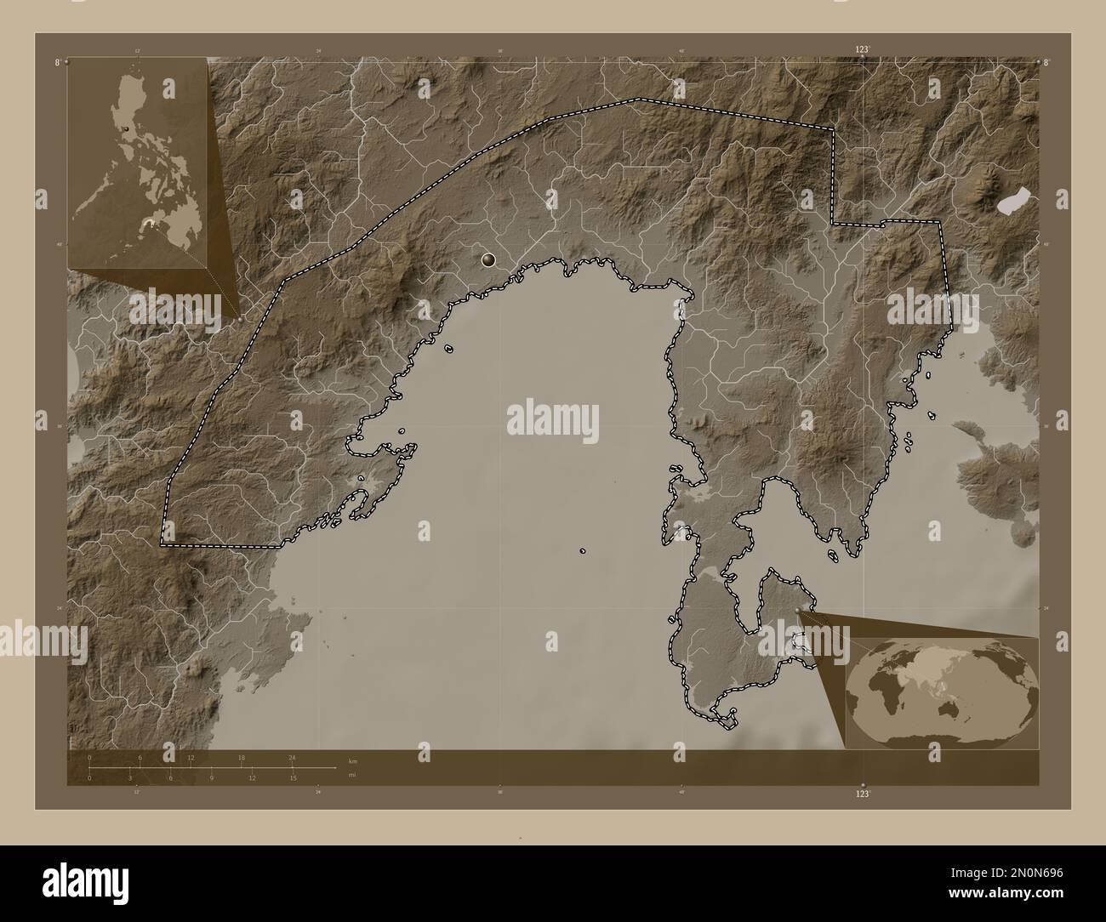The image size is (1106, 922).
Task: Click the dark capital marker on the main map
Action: point(488,260)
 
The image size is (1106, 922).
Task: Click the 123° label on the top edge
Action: point(863,51)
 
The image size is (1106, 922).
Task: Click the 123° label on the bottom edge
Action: point(863,793)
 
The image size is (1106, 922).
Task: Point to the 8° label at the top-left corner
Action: point(58,62)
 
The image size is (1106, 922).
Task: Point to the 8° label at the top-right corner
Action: point(1046,62)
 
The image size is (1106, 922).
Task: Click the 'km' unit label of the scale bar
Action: point(352,760)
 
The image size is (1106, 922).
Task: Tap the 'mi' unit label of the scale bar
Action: point(352,775)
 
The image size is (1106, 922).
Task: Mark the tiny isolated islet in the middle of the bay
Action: point(583,551)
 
